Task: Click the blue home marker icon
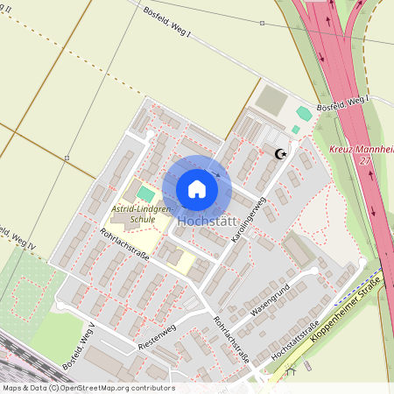[x=196, y=188]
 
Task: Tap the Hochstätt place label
[x=208, y=222]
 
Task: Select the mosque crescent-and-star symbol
[x=280, y=155]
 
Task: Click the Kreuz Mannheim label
[x=361, y=151]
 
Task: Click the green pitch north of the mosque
[x=304, y=114]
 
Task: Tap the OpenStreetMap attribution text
[x=88, y=387]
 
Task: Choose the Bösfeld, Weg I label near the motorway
[x=341, y=103]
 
